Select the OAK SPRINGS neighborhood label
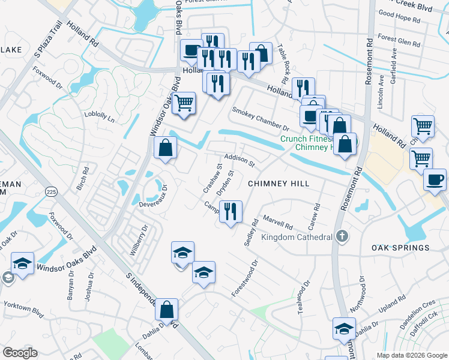tap(400, 248)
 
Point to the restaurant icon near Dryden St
tap(231, 212)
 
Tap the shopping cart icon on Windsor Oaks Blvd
tap(184, 103)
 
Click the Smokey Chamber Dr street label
tap(261, 119)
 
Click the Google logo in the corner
tap(20, 353)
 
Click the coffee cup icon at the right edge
tap(435, 179)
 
